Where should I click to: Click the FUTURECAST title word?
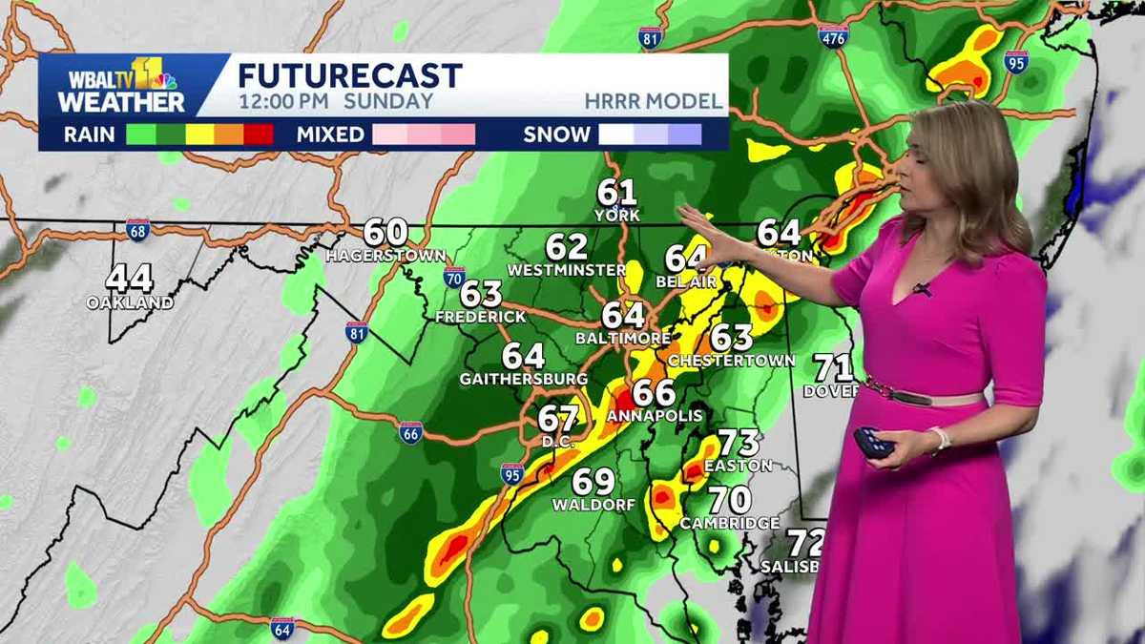pyautogui.click(x=350, y=75)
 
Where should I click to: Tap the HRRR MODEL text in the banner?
pyautogui.click(x=655, y=101)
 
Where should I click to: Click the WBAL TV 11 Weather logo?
pyautogui.click(x=120, y=86)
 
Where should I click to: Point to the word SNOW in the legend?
pyautogui.click(x=556, y=135)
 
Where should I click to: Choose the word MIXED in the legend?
pyautogui.click(x=329, y=135)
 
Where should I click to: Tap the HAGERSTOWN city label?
pyautogui.click(x=385, y=256)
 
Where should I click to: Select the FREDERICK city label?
pyautogui.click(x=480, y=316)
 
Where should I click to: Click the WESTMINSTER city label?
pyautogui.click(x=566, y=270)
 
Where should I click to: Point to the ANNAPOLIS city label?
pyautogui.click(x=655, y=416)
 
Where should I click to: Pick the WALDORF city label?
pyautogui.click(x=593, y=505)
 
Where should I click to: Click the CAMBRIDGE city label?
pyautogui.click(x=730, y=523)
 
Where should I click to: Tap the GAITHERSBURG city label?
pyautogui.click(x=523, y=379)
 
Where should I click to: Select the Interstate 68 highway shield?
pyautogui.click(x=137, y=230)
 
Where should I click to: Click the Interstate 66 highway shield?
pyautogui.click(x=411, y=432)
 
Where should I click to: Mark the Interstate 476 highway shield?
pyautogui.click(x=832, y=36)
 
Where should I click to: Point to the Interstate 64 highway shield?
pyautogui.click(x=281, y=628)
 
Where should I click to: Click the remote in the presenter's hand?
pyautogui.click(x=873, y=443)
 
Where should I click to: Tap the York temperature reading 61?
pyautogui.click(x=616, y=192)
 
